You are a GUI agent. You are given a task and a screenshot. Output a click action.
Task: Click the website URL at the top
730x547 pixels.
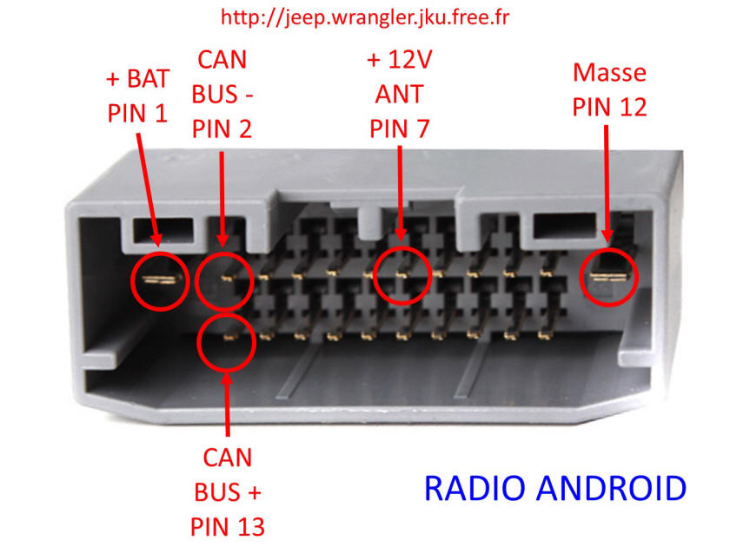pyautogui.click(x=365, y=17)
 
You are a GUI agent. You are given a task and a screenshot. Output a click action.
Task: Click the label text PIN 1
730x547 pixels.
pyautogui.click(x=137, y=114)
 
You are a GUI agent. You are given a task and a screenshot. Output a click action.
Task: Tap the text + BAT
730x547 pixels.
pyautogui.click(x=137, y=79)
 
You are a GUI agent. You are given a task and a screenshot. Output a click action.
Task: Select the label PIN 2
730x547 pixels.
pyautogui.click(x=222, y=129)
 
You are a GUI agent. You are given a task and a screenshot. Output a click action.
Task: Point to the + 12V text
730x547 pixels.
pyautogui.click(x=400, y=60)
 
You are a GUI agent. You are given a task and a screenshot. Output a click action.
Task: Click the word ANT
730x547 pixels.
pyautogui.click(x=400, y=94)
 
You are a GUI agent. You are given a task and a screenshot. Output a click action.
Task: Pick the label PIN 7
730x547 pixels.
pyautogui.click(x=400, y=129)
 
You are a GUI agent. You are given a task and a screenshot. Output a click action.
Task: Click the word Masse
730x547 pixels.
pyautogui.click(x=609, y=73)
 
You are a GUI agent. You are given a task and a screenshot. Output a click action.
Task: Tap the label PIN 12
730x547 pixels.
pyautogui.click(x=609, y=107)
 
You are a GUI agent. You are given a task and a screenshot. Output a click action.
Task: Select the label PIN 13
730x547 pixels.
pyautogui.click(x=228, y=527)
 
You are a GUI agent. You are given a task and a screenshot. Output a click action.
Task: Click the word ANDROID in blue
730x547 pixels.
pyautogui.click(x=611, y=488)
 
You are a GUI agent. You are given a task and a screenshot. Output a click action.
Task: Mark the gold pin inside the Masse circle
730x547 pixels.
pyautogui.click(x=608, y=277)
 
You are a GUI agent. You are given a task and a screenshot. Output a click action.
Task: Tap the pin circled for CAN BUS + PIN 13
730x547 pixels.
pyautogui.click(x=229, y=336)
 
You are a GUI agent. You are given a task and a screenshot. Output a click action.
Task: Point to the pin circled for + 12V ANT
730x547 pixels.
pyautogui.click(x=401, y=275)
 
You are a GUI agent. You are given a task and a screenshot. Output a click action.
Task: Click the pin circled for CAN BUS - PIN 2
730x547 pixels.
pyautogui.click(x=227, y=278)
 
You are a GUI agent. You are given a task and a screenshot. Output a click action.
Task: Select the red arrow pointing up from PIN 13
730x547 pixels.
pyautogui.click(x=227, y=404)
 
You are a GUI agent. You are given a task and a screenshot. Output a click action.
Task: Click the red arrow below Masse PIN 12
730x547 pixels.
pyautogui.click(x=607, y=184)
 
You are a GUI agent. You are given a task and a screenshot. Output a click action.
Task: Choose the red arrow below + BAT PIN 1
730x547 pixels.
pyautogui.click(x=149, y=190)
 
